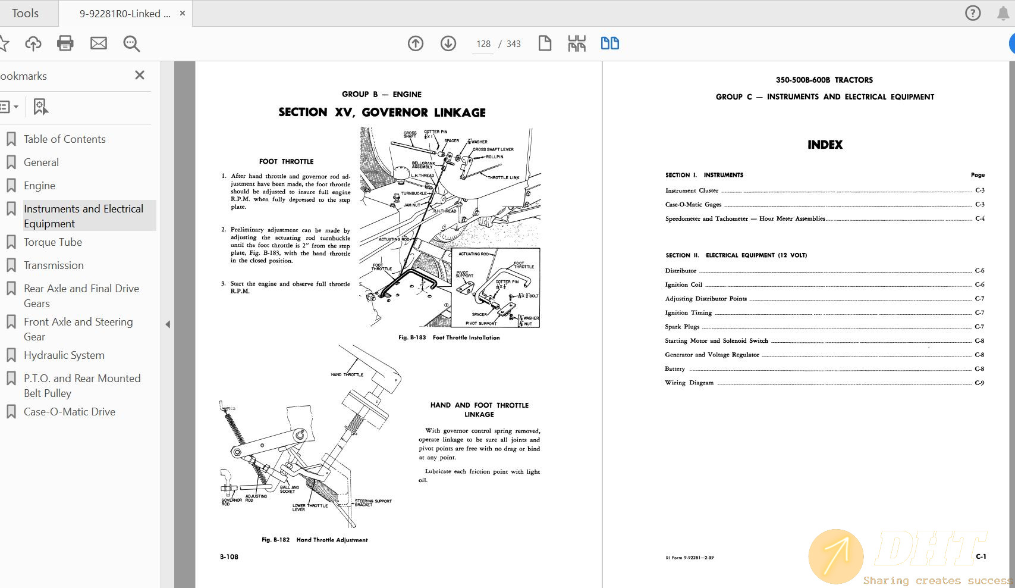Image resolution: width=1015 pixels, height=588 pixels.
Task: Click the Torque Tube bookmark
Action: pyautogui.click(x=52, y=242)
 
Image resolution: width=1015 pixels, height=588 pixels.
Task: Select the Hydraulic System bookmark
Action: pyautogui.click(x=64, y=355)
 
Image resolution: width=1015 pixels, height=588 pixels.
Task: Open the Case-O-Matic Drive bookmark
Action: pyautogui.click(x=69, y=412)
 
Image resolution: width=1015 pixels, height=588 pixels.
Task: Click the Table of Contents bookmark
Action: pyautogui.click(x=64, y=139)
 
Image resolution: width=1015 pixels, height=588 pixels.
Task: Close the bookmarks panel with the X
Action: pyautogui.click(x=140, y=75)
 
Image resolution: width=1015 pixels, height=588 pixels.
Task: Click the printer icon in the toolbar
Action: pyautogui.click(x=65, y=43)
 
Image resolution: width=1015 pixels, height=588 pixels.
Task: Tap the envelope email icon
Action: pyautogui.click(x=99, y=43)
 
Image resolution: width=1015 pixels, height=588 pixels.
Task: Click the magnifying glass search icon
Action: pyautogui.click(x=131, y=43)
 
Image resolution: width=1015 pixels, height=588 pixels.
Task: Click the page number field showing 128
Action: pyautogui.click(x=483, y=44)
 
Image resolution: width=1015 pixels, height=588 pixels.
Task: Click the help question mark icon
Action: pyautogui.click(x=973, y=13)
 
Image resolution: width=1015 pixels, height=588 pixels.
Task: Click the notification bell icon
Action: pyautogui.click(x=1003, y=13)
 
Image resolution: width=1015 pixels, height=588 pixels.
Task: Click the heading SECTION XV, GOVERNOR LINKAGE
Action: pyautogui.click(x=382, y=112)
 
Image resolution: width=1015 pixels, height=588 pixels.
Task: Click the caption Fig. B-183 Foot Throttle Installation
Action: pyautogui.click(x=449, y=337)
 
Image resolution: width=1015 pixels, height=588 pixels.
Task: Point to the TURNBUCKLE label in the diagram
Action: pyautogui.click(x=414, y=193)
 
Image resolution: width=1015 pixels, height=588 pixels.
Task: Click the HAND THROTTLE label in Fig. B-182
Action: pyautogui.click(x=347, y=374)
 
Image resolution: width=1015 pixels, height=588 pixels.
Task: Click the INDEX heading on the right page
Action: pyautogui.click(x=825, y=145)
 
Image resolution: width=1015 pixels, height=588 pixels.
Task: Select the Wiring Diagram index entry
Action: pyautogui.click(x=689, y=383)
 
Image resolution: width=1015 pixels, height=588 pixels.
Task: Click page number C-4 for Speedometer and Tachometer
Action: pyautogui.click(x=979, y=218)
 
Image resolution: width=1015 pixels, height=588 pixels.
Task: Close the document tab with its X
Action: pyautogui.click(x=183, y=13)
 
